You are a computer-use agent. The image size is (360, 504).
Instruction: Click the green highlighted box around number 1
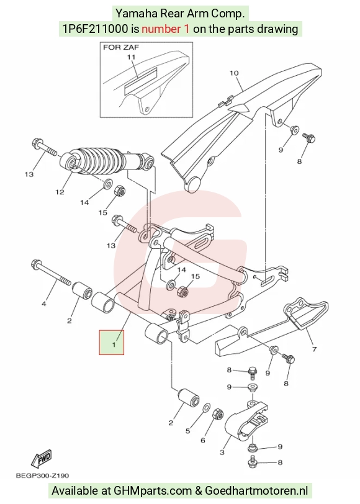(x=112, y=343)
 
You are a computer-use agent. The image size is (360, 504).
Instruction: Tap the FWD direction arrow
(x=42, y=460)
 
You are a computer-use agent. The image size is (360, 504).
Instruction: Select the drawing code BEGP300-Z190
(x=42, y=475)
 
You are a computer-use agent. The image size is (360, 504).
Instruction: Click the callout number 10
(x=234, y=73)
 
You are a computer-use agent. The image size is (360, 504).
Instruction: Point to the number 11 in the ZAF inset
(x=131, y=57)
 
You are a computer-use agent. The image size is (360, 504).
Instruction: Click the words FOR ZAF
(x=121, y=47)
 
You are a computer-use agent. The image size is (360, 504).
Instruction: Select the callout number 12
(x=60, y=192)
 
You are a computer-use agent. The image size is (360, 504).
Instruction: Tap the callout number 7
(x=314, y=349)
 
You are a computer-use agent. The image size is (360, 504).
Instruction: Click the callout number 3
(x=222, y=452)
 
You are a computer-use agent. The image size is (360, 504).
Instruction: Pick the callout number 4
(x=43, y=304)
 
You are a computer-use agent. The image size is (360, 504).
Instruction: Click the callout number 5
(x=187, y=431)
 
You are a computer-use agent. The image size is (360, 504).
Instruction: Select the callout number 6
(x=203, y=440)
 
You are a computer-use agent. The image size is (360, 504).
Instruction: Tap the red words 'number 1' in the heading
(x=166, y=29)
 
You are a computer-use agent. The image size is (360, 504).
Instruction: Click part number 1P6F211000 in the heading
(x=96, y=29)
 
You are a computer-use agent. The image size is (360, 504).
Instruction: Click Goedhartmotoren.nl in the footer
(x=256, y=491)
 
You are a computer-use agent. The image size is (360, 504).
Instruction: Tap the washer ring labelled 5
(x=207, y=408)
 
